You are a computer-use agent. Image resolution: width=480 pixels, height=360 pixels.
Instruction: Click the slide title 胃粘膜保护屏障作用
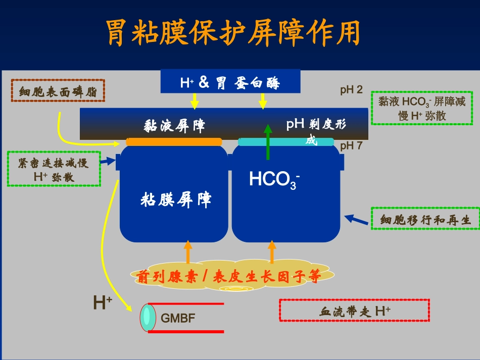pos(233,34)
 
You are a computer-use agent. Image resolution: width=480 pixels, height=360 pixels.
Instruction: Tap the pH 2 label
pos(351,90)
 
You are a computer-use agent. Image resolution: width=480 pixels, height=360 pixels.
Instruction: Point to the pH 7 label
pos(351,146)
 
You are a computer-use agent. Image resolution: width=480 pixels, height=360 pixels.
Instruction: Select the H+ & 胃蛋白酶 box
pos(230,82)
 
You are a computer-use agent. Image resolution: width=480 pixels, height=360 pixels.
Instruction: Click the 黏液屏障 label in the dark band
pos(175,125)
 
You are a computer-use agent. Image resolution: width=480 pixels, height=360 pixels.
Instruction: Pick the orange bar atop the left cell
pos(174,142)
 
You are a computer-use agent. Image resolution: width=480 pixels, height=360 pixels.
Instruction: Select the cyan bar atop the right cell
pos(286,142)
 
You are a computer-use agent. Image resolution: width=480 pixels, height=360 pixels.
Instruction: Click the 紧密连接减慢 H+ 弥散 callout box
pos(54,169)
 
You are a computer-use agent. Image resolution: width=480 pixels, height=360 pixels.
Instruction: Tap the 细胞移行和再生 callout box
pos(425,219)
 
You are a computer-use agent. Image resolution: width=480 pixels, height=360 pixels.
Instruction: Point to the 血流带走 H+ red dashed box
pos(354,311)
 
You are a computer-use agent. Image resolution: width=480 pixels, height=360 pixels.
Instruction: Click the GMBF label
pos(178,318)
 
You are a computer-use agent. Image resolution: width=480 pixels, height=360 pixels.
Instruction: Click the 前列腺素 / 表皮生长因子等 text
pos(228,277)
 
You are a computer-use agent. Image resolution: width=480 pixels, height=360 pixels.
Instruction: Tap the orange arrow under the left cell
pos(188,252)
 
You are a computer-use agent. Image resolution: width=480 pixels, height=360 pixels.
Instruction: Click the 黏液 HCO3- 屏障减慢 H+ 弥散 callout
pos(421,108)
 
